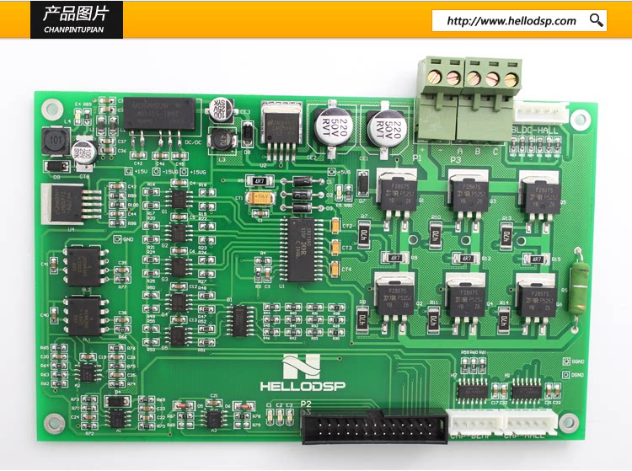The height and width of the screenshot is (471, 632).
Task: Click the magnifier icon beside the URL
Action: click(x=597, y=20)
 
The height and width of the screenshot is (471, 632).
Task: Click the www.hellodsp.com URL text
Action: click(x=511, y=21)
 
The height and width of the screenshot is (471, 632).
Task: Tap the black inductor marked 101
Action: click(x=56, y=140)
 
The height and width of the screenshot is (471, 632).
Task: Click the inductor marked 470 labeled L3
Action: click(x=221, y=137)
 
